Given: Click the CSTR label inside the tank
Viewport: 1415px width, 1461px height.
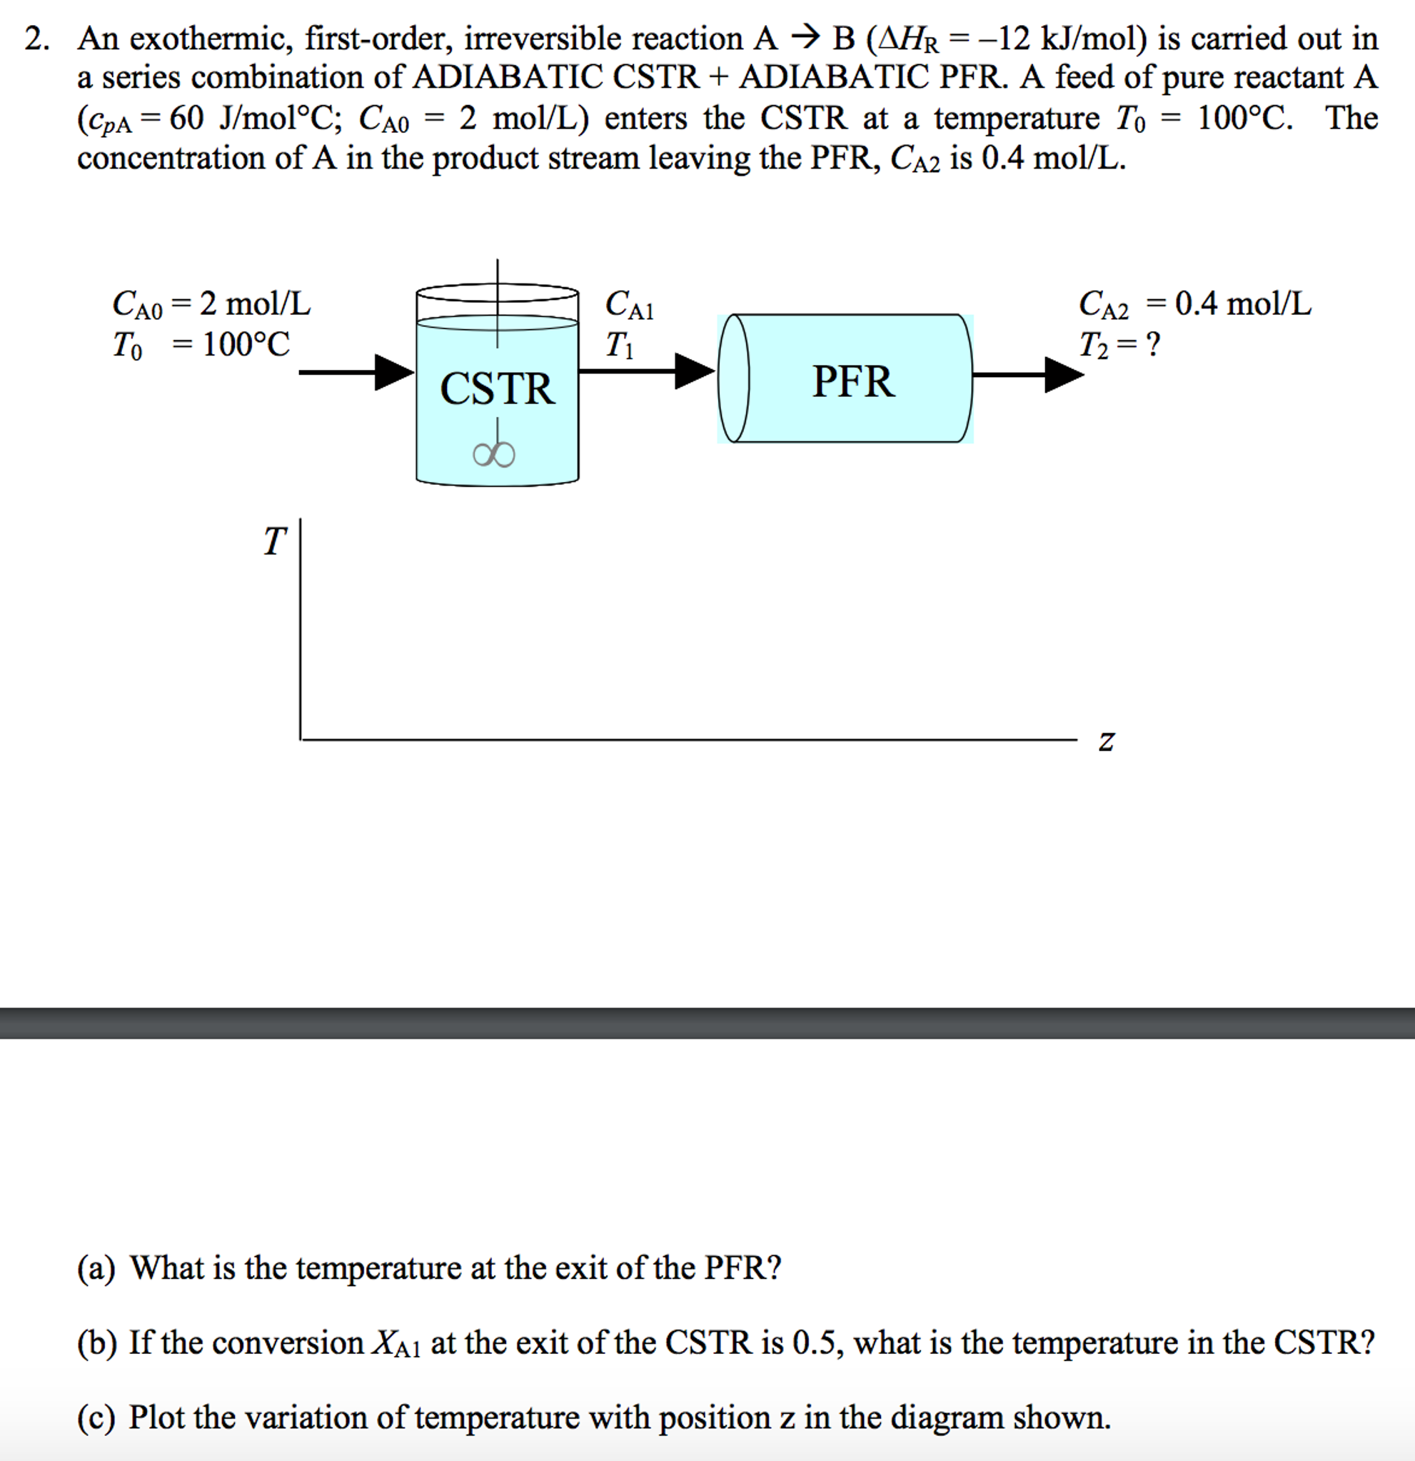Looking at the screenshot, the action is (497, 388).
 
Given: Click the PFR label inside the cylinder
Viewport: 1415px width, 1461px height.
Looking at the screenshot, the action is (853, 381).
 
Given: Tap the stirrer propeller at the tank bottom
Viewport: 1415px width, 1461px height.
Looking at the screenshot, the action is (493, 454).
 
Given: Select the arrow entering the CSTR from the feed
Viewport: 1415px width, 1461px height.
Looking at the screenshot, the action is (356, 372).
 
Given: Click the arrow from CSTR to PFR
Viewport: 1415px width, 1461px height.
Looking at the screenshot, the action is (647, 371).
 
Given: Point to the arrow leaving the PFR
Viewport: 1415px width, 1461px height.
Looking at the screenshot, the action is (1028, 374).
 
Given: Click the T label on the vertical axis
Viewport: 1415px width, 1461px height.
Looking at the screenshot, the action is (274, 541).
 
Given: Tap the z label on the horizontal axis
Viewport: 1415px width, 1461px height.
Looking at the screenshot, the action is (1107, 741).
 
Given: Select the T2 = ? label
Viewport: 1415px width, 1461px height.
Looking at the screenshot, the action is (1119, 344).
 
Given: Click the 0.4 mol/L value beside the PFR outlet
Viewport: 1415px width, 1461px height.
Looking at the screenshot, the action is (1243, 303).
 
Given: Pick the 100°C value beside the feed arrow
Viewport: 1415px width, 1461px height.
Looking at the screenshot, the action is (246, 344).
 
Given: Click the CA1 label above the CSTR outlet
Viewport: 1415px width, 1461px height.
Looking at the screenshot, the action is (629, 305).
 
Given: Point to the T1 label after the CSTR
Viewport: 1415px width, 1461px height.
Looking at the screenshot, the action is (618, 345).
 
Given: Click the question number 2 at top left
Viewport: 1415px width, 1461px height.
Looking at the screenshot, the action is (36, 38).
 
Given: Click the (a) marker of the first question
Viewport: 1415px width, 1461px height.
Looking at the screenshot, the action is (96, 1267).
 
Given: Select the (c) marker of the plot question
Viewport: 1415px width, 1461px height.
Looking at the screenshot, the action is (96, 1417).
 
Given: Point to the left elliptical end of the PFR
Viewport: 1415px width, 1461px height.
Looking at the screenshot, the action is (733, 378).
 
